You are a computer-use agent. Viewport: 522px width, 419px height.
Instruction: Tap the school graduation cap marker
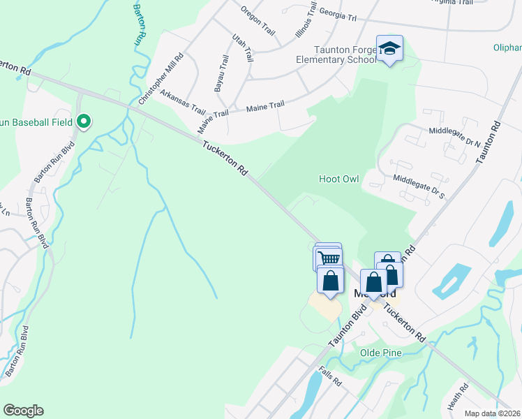pyautogui.click(x=389, y=48)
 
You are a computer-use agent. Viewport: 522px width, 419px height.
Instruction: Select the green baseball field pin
pyautogui.click(x=84, y=122)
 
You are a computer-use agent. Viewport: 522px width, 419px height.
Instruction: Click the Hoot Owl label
pyautogui.click(x=338, y=179)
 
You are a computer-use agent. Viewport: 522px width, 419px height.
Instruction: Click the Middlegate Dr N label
pyautogui.click(x=454, y=136)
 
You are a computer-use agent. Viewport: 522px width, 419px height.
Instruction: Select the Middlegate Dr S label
pyautogui.click(x=418, y=187)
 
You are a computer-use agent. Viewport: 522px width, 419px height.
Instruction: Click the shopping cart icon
pyautogui.click(x=329, y=258)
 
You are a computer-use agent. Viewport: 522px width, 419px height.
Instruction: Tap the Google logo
pyautogui.click(x=23, y=411)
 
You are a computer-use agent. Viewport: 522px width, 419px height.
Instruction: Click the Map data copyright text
pyautogui.click(x=491, y=413)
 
